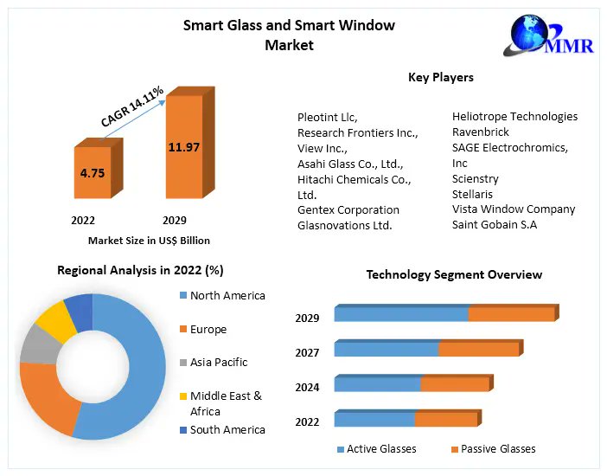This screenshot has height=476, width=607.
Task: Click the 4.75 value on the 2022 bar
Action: pyautogui.click(x=92, y=173)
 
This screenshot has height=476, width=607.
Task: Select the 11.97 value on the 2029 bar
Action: pyautogui.click(x=183, y=147)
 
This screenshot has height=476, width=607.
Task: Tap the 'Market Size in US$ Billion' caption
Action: pyautogui.click(x=149, y=241)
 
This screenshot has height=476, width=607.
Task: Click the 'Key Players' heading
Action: pyautogui.click(x=440, y=78)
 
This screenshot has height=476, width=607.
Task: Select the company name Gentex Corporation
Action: pyautogui.click(x=348, y=209)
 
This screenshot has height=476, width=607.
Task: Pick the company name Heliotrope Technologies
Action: pyautogui.click(x=514, y=116)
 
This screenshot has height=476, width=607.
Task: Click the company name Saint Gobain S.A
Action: pyautogui.click(x=494, y=225)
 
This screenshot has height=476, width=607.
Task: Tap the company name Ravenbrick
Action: pyautogui.click(x=480, y=132)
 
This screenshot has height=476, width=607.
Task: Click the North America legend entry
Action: pyautogui.click(x=227, y=295)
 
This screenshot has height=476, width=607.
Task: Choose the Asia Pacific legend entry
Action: pyautogui.click(x=219, y=362)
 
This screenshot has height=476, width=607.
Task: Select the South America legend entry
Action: pyautogui.click(x=227, y=429)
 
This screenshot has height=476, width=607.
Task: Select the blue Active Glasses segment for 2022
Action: pyautogui.click(x=374, y=419)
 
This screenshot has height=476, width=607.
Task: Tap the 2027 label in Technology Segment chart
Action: pyautogui.click(x=307, y=352)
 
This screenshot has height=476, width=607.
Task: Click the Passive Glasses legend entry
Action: pyautogui.click(x=497, y=448)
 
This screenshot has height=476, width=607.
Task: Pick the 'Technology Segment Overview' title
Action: pyautogui.click(x=454, y=274)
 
